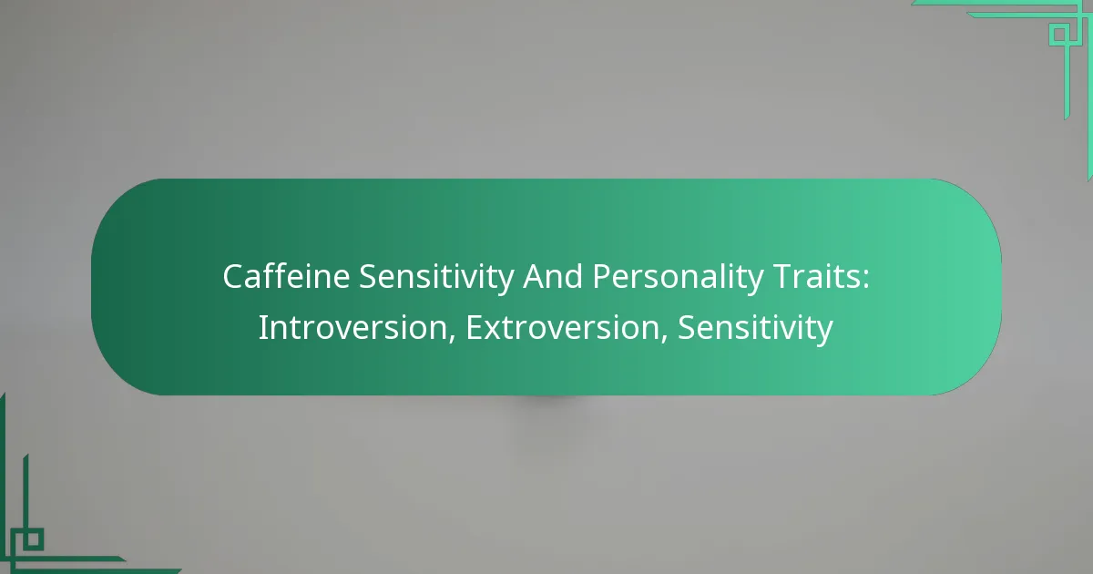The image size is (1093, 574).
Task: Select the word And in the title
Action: point(553,278)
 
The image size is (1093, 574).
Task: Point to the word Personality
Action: point(679,278)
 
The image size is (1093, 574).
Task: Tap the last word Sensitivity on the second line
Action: point(755,327)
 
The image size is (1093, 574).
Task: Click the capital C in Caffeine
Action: point(232,278)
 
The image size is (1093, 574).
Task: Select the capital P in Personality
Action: point(602,278)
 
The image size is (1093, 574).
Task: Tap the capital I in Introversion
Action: point(262,327)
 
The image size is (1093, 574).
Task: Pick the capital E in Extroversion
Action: point(474,327)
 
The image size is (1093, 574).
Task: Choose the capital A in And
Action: point(533,278)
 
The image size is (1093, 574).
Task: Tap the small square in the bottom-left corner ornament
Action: point(33,539)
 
